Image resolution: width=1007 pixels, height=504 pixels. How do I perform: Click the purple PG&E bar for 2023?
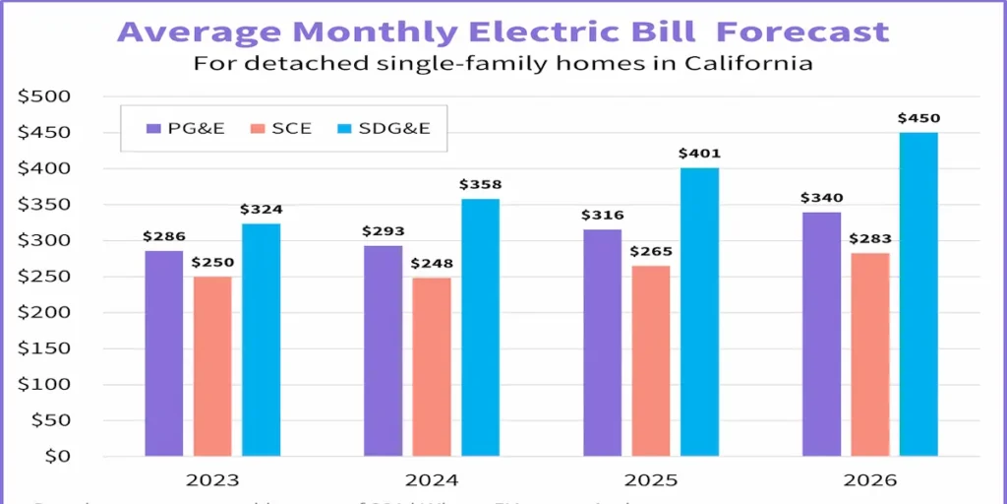(x=163, y=353)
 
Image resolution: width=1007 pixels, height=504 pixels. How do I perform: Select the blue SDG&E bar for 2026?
(x=918, y=294)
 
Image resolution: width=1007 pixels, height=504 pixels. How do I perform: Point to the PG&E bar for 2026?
(x=821, y=334)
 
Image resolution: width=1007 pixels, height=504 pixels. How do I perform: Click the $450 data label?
(x=918, y=119)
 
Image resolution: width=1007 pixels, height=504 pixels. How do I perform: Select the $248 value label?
(x=432, y=264)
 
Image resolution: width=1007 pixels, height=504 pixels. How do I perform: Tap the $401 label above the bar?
(x=699, y=154)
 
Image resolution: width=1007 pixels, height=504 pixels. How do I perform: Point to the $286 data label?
(x=163, y=236)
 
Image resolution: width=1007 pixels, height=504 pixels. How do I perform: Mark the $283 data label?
(x=870, y=239)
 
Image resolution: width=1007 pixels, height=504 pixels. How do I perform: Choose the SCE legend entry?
(x=280, y=128)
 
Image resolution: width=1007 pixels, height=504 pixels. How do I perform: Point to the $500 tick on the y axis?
(x=44, y=96)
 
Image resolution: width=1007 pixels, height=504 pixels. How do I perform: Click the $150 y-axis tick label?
(x=44, y=348)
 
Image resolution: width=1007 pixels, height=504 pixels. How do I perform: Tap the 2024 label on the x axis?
(x=431, y=481)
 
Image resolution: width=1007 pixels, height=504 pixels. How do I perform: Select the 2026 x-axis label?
(x=869, y=481)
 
